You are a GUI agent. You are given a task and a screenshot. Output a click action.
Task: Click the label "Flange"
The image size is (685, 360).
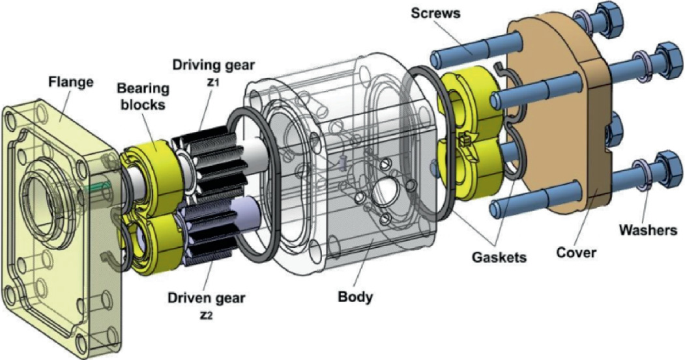coord(71,82)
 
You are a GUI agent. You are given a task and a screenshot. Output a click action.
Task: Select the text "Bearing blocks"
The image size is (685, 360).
coord(143,96)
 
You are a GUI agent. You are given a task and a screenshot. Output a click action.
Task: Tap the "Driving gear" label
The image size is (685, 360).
coord(213,65)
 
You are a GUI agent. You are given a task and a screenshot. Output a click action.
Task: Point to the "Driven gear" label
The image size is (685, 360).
coord(207,298)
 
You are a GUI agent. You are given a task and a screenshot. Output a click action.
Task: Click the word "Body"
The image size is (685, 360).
coord(356,297)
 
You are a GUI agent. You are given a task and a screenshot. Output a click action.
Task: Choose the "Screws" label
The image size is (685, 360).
coord(436,13)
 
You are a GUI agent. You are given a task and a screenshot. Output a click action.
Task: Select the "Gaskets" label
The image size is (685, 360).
coord(499,257)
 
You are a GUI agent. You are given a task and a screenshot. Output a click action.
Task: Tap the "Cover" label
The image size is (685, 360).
coord(576,252)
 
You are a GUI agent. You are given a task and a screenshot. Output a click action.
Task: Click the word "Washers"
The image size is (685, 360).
coord(648,229)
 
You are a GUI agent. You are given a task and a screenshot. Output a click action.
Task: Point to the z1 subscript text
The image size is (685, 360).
coord(212,81)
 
